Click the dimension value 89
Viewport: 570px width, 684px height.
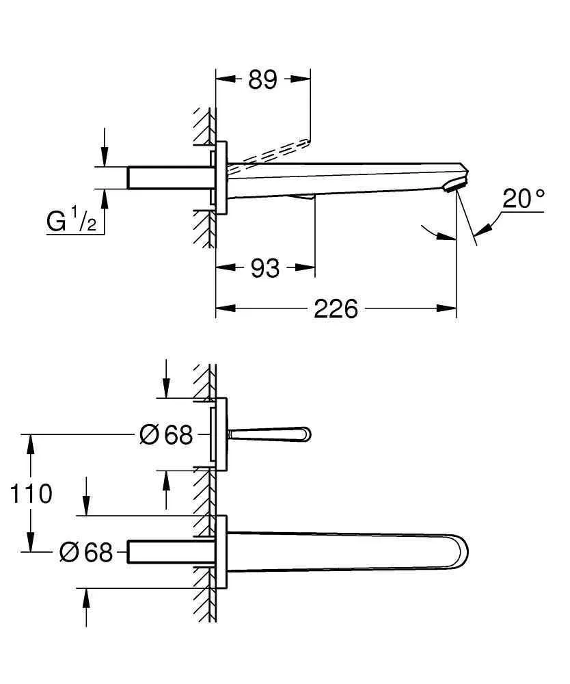point(262,80)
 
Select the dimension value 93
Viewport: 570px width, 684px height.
point(264,268)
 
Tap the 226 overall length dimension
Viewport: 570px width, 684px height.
point(336,309)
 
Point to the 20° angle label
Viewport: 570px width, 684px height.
point(524,198)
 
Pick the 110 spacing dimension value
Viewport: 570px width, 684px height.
point(31,492)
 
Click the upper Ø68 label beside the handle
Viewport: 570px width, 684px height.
point(165,434)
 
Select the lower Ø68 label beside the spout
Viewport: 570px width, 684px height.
point(85,552)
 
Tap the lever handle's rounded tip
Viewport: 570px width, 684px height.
point(304,434)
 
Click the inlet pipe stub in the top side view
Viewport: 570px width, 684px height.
point(167,178)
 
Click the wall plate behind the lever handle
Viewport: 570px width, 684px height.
point(221,434)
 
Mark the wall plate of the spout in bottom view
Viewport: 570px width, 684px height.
point(221,552)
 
